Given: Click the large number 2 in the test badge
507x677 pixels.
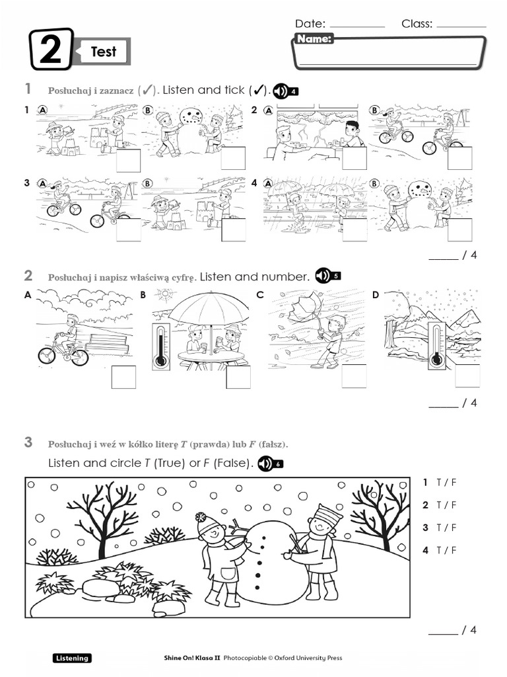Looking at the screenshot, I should point(51,51).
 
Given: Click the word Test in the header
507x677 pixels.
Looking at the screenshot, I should point(103,52).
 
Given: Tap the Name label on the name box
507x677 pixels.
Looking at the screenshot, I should point(314,39).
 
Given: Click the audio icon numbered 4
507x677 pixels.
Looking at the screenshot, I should point(286,91).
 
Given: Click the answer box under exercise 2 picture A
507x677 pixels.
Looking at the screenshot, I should point(123,377).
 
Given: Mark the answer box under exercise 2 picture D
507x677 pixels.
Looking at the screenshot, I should point(468,375).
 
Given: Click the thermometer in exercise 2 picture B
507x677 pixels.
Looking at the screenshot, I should point(160,346).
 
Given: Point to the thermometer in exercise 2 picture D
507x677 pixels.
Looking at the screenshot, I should point(436,346).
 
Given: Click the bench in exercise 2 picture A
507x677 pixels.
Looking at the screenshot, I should point(106,344).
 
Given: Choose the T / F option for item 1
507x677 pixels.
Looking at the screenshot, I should point(446,483).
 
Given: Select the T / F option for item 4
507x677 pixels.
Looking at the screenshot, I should point(446,550).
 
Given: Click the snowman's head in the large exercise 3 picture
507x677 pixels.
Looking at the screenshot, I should point(259,530).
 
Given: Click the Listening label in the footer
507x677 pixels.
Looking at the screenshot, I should point(72,658).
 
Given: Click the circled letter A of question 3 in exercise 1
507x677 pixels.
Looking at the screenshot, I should point(43,183).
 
